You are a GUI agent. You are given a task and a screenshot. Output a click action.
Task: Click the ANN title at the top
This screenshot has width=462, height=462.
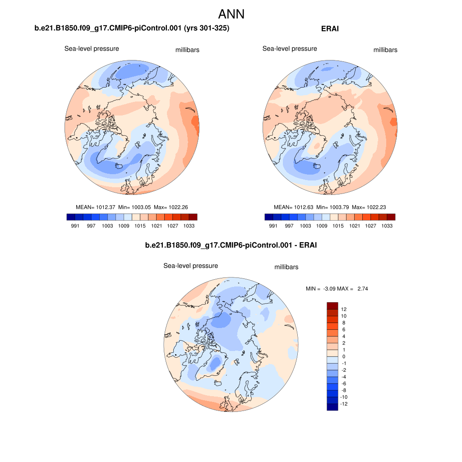point(231,14)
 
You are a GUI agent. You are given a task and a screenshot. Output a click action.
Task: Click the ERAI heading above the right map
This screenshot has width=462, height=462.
point(330,29)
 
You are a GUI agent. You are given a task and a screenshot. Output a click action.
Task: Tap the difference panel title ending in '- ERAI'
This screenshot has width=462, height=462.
point(231,245)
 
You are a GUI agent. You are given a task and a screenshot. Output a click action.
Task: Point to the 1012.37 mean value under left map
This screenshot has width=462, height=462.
point(106,207)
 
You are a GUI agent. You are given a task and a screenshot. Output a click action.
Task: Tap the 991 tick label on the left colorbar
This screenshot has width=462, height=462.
point(75,226)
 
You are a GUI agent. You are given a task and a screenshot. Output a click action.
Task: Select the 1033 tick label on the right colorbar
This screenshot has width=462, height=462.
point(386,226)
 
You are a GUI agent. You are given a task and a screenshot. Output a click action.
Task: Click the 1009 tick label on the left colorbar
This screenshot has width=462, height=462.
point(124,226)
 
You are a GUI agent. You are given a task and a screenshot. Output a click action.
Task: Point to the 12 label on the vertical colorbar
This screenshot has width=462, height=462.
point(344,310)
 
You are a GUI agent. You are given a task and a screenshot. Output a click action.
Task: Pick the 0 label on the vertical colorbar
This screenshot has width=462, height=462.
point(344,356)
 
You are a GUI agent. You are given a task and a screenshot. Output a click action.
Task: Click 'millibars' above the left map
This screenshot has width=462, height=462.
point(187,50)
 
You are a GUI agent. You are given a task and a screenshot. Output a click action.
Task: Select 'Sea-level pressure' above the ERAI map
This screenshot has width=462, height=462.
point(290,49)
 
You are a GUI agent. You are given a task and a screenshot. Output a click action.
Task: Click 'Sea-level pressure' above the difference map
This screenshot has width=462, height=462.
point(190,266)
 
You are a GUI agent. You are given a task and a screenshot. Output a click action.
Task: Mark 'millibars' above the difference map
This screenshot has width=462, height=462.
point(286,267)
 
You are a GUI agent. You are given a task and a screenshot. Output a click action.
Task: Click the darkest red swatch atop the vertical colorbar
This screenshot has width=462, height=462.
point(332,306)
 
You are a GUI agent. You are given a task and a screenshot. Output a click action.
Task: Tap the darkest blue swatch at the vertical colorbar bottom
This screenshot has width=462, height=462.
point(332,407)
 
